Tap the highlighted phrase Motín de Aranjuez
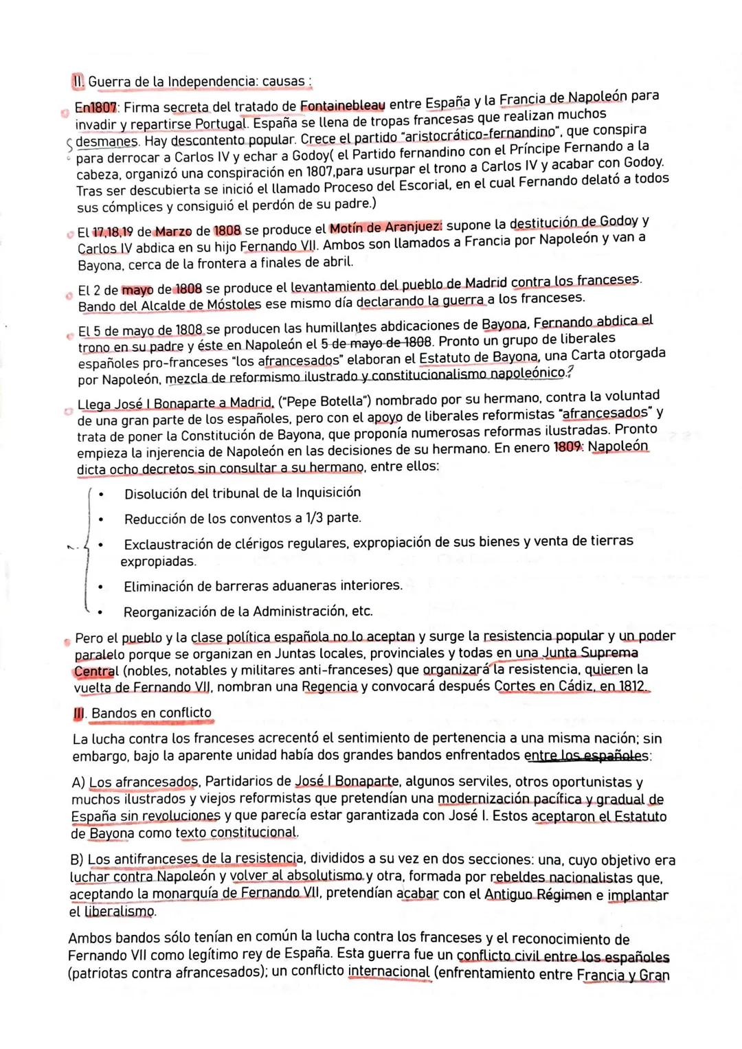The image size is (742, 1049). coord(386,227)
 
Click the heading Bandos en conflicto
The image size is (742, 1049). coord(151,712)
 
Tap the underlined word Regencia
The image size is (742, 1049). coord(330,686)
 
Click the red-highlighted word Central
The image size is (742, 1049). coord(96,670)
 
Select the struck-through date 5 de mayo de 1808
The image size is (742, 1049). coord(377,341)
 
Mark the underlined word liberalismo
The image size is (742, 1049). coord(120,912)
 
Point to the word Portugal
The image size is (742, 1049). coord(221,124)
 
